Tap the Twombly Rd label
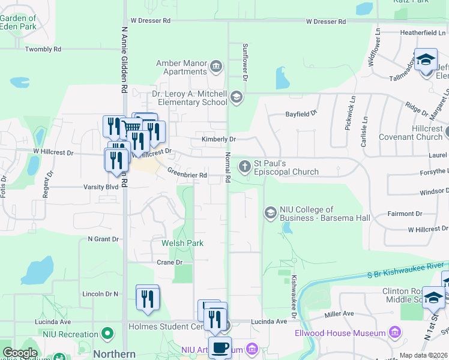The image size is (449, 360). point(43,49)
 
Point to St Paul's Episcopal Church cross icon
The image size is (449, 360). point(244,166)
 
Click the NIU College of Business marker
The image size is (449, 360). point(270,212)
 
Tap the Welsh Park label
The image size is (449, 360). point(182,243)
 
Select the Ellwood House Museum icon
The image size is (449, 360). point(395,332)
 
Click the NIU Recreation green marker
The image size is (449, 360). point(107,332)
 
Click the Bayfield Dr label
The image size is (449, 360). point(301,113)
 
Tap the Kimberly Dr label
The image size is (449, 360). point(218,139)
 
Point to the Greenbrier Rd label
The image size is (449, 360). point(187,175)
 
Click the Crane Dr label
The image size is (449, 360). point(169,262)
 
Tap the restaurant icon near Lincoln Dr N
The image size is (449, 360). point(147,298)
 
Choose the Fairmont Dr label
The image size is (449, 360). point(405,214)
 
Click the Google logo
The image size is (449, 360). point(20,353)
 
